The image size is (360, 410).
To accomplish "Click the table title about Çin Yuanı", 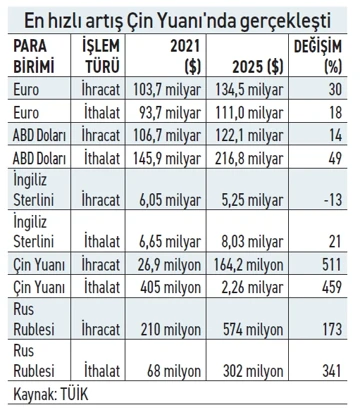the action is (x=177, y=21).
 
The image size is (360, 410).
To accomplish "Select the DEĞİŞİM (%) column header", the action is (x=318, y=57).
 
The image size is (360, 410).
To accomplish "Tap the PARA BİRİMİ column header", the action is (x=34, y=57).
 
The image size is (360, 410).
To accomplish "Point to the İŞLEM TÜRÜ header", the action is (x=101, y=57).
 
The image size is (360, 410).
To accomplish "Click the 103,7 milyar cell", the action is (x=167, y=90).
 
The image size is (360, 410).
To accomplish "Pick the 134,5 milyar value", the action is (x=249, y=90).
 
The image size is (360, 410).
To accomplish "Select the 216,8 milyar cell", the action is (x=249, y=158).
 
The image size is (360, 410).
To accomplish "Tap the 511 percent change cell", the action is (x=332, y=265).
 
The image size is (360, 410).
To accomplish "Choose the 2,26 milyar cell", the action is (x=252, y=287).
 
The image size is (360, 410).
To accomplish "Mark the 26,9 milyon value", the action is (x=169, y=265).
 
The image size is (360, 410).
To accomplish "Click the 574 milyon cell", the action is (x=253, y=329).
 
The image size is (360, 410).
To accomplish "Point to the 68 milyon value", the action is (x=174, y=371).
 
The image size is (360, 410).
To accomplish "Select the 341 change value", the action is (x=332, y=371).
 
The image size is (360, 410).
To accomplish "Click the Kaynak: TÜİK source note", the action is (x=51, y=394).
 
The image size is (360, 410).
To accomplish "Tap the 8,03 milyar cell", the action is (x=252, y=241).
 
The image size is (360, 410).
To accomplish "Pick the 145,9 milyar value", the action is (x=167, y=158).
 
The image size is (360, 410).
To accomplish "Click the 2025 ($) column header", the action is (x=258, y=67).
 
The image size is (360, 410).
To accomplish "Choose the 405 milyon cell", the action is (x=170, y=287).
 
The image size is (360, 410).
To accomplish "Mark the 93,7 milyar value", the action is (x=170, y=112).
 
